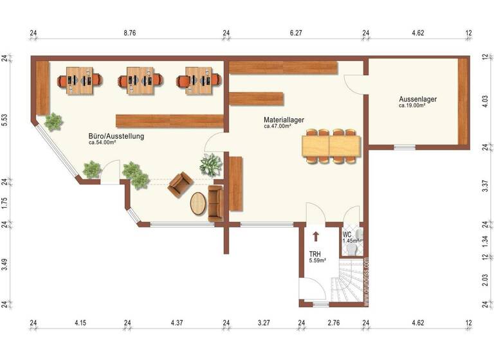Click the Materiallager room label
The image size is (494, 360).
(x=284, y=120)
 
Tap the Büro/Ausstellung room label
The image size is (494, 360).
(x=116, y=136)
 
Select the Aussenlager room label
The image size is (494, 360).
(x=417, y=99)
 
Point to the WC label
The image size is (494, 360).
(x=347, y=234)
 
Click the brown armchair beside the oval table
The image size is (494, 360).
(x=179, y=184)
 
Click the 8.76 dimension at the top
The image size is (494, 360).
(x=130, y=33)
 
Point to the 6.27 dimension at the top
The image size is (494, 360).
(x=296, y=33)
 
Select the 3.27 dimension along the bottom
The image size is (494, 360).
(x=264, y=322)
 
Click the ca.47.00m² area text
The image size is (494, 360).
(x=278, y=127)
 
